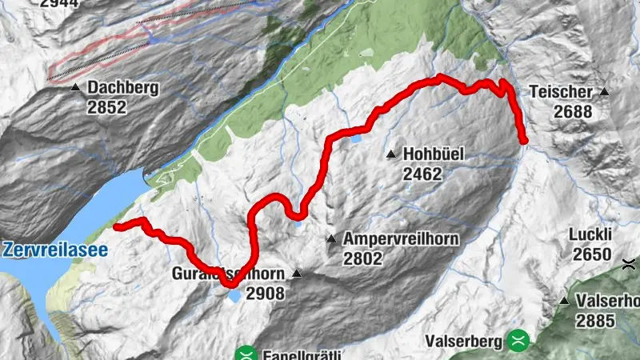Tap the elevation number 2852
[x=108, y=106]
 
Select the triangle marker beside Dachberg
[x=75, y=87]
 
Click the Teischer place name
[x=560, y=93]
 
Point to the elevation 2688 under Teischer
[x=572, y=112]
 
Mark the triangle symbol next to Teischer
[x=604, y=92]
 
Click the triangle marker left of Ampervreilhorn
[x=330, y=238]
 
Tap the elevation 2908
[x=265, y=294]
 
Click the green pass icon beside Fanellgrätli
[x=246, y=353]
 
